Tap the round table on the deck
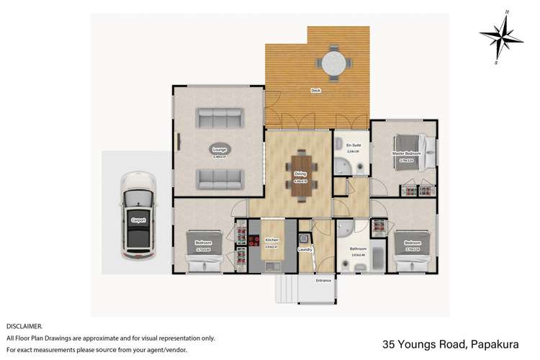tap(333, 63)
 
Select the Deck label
tap(315, 91)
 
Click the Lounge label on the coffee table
tap(218, 150)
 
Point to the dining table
tap(301, 169)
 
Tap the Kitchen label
tap(271, 240)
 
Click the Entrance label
tap(324, 280)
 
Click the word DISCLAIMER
tap(24, 326)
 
